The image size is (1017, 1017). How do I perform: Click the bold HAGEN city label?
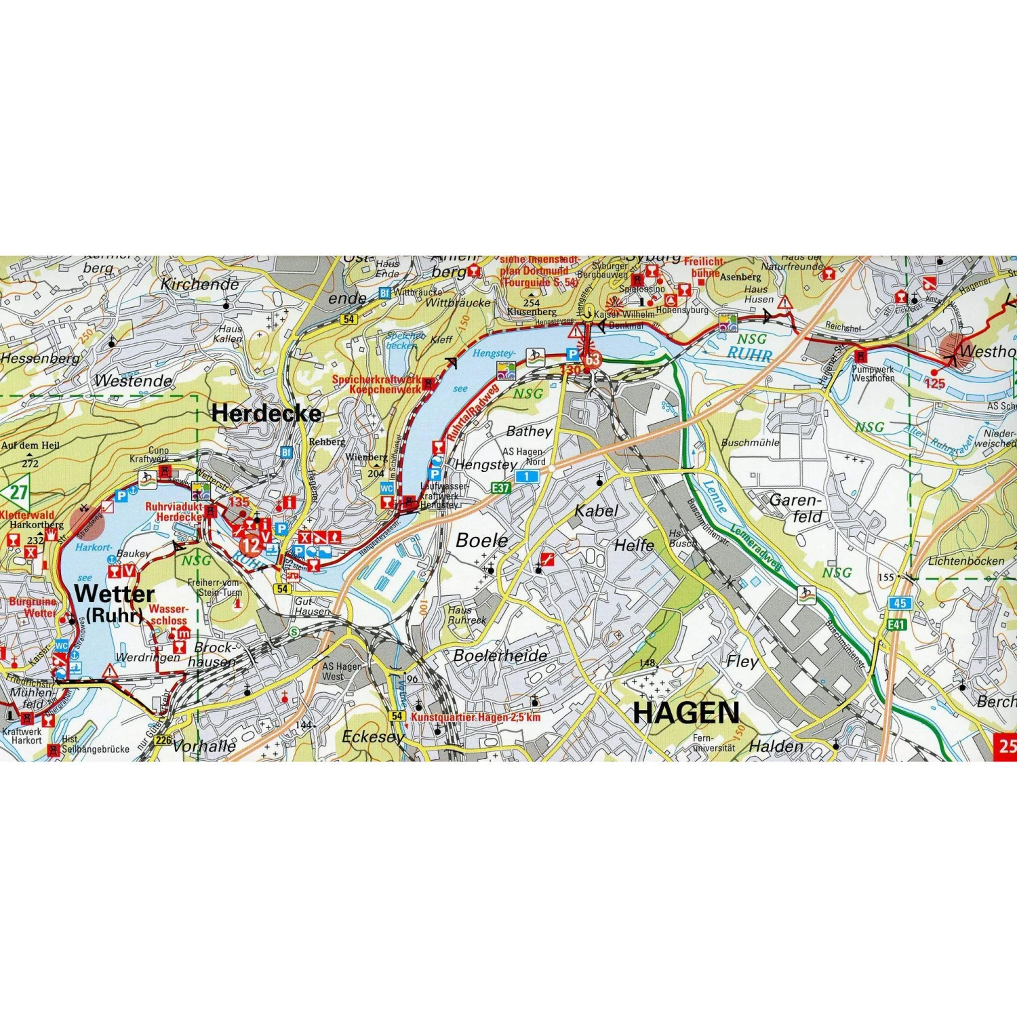(686, 713)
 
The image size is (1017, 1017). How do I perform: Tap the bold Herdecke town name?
(266, 413)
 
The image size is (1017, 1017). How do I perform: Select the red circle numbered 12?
(251, 544)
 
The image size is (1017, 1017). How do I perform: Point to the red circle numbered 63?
(593, 359)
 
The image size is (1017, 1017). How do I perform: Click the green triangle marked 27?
(18, 492)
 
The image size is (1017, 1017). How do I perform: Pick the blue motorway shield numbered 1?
(526, 477)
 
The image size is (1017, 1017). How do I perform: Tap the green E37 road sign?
(500, 487)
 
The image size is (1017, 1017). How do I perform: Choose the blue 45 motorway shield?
(900, 603)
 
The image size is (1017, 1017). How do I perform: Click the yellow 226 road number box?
(163, 740)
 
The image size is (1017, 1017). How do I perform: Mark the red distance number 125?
(934, 384)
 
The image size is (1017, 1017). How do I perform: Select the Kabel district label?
(596, 511)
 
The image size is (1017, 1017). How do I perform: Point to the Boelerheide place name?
(500, 656)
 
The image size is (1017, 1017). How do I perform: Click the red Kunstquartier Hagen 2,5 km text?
(476, 717)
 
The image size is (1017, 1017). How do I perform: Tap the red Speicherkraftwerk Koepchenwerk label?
(376, 384)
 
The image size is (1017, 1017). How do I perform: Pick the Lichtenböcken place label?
(966, 561)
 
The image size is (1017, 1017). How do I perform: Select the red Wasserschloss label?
(168, 615)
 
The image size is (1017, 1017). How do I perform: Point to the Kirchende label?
(199, 284)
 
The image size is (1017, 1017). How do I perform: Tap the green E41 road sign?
(896, 624)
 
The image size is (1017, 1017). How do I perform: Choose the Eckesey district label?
(373, 737)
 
